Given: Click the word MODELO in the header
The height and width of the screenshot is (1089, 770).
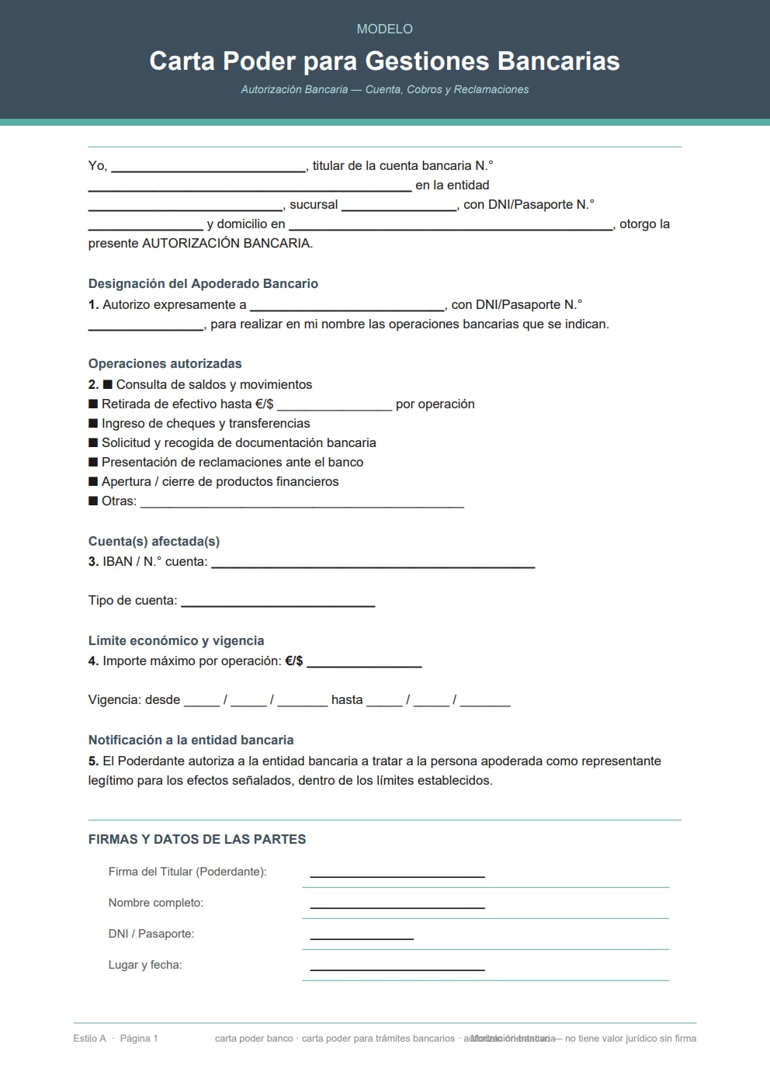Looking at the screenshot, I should point(384,29).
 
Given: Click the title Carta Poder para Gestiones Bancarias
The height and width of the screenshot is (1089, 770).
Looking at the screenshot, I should point(384,61).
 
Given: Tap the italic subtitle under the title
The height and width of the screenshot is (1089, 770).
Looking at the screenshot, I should point(384,89).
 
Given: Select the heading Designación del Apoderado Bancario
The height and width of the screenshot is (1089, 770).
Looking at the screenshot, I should point(203,283).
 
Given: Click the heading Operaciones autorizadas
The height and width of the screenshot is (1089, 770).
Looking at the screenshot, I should point(165,363).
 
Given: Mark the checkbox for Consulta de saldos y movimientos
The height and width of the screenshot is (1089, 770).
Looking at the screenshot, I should point(108,384).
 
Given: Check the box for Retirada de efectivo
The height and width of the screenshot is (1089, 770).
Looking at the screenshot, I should point(93,404).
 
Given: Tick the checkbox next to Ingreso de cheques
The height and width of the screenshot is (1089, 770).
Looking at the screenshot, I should point(93,423).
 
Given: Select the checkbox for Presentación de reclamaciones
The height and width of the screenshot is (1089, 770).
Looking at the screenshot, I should point(93,462).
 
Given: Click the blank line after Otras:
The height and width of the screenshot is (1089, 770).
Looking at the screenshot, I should point(302,504).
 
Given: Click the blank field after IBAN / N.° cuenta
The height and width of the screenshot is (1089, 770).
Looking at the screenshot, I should point(373,564).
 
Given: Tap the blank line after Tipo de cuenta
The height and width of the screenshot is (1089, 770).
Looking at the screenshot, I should point(278,603).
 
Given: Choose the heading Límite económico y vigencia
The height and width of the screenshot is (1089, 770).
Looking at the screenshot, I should point(176,640).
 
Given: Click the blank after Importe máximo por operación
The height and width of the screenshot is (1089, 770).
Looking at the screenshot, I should point(364,664).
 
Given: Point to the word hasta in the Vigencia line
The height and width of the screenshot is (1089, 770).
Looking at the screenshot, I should point(347,699).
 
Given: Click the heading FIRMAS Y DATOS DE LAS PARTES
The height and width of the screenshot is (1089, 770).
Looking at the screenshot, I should point(197,839).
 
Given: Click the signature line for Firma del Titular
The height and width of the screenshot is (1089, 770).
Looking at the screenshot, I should point(397,874).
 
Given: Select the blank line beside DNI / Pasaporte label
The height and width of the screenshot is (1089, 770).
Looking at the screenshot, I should point(362,936).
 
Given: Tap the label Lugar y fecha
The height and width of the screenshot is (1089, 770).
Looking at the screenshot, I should point(145,965).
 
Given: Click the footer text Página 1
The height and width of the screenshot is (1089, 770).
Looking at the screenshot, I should point(139,1038).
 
